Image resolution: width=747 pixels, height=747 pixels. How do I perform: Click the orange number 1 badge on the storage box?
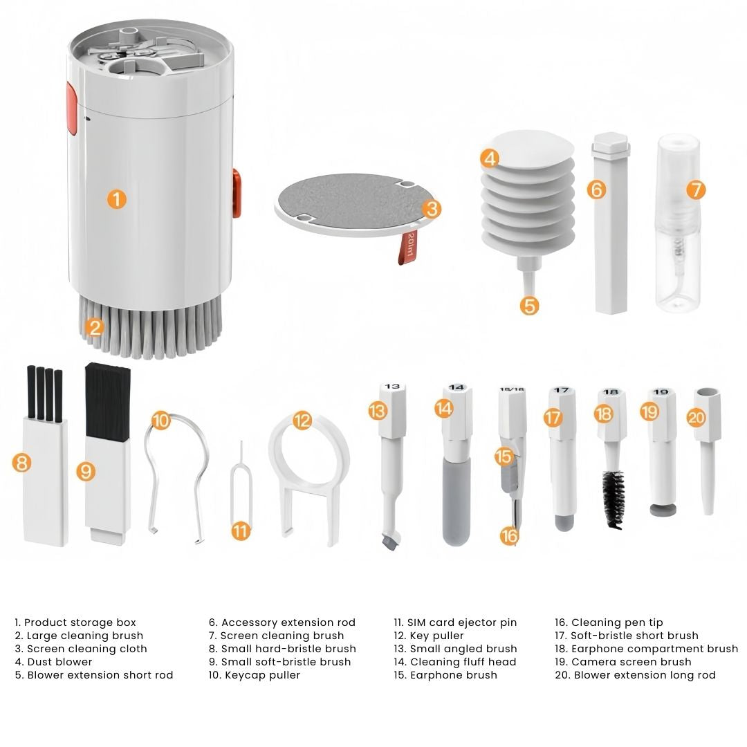pos(117,199)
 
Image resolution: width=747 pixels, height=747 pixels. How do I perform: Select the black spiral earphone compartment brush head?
pos(614,499)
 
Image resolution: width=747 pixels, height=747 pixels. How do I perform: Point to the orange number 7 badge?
pos(696,190)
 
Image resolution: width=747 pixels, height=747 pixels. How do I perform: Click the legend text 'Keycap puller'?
pos(255,675)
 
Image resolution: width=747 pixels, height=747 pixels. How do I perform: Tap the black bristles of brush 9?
pos(107,402)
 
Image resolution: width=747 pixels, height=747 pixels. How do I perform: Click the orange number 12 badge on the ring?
pos(302,421)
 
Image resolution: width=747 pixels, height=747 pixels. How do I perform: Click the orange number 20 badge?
pos(696,418)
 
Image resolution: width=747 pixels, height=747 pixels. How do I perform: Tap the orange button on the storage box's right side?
pos(237,192)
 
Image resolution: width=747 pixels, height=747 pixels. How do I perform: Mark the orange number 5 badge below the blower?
pos(529,306)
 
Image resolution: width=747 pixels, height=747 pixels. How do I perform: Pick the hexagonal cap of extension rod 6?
pos(611,143)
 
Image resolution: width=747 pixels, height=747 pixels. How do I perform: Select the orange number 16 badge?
pos(509,536)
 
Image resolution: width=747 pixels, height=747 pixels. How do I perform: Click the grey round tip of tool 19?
pos(663,510)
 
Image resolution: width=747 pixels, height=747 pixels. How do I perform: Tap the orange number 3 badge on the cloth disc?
pos(432,209)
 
